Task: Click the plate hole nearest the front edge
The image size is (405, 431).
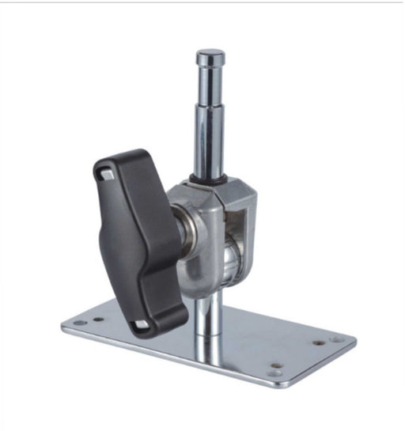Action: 274,366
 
